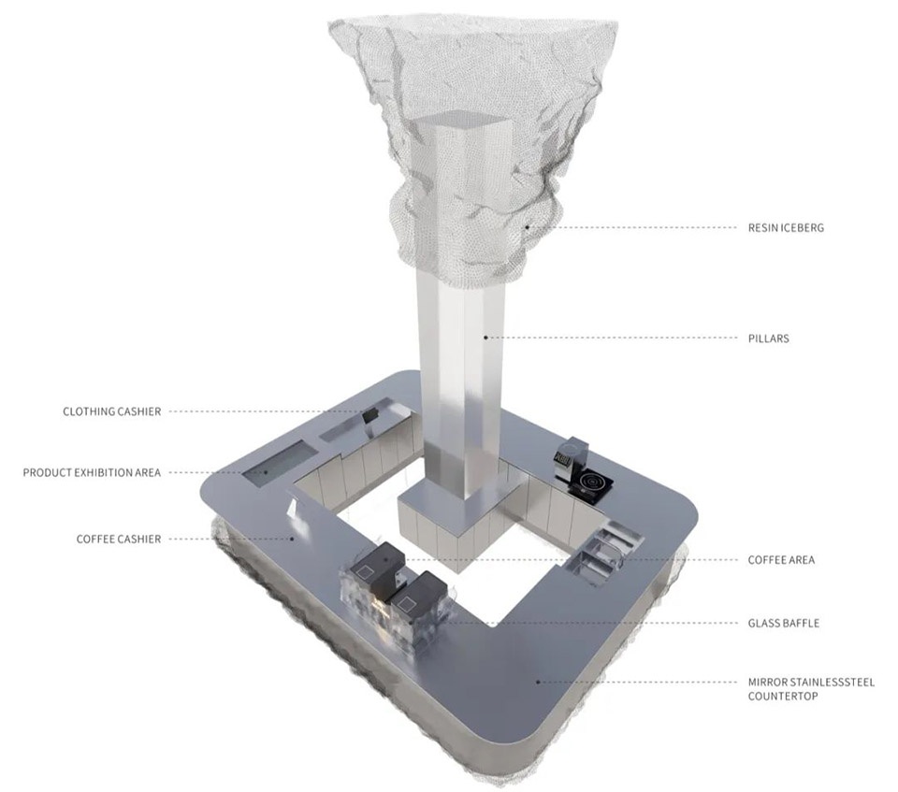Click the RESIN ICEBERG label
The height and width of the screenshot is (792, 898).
786,228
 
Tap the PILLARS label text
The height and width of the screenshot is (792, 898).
769,338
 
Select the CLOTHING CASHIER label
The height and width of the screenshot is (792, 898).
111,411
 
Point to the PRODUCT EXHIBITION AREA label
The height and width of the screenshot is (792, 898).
92,473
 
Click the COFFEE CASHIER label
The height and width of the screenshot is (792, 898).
119,540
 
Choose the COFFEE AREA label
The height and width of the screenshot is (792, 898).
781,560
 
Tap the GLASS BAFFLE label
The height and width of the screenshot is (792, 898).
784,623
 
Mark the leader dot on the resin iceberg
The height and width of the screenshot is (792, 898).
527,228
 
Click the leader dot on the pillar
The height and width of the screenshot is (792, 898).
485,338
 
